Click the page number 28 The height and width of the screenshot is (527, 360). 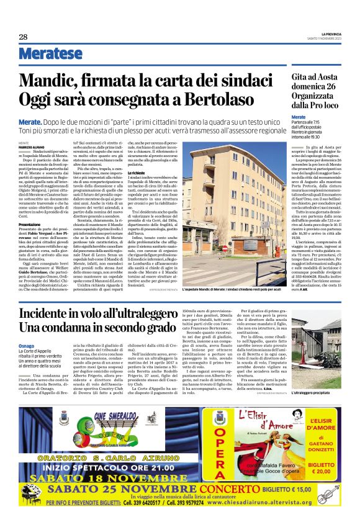[23, 37]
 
